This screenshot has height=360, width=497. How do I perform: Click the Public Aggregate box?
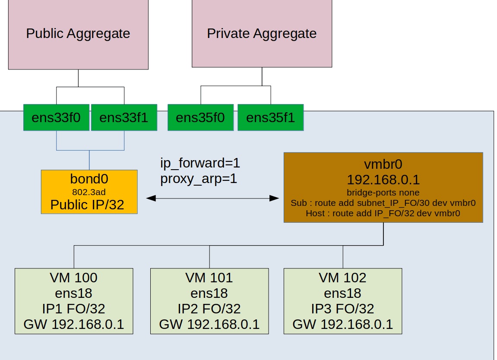78,34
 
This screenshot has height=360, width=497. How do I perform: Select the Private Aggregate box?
262,33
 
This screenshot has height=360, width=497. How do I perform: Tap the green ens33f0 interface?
56,117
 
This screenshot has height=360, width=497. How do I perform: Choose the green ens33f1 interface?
124,117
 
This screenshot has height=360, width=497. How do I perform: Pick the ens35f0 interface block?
200,117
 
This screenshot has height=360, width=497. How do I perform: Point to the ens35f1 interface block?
271,117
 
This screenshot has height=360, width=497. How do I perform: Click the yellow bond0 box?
89,192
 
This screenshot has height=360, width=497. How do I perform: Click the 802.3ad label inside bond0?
89,192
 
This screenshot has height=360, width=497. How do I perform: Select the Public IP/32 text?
87,205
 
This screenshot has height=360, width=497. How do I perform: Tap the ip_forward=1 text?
200,163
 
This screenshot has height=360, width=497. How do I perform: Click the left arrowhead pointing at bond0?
151,199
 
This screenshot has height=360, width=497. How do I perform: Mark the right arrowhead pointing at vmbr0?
274,199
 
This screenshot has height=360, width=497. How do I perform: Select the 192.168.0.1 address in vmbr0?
383,180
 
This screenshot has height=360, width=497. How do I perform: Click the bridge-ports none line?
383,193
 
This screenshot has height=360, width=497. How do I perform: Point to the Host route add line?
383,213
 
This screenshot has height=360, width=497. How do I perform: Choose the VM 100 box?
74,301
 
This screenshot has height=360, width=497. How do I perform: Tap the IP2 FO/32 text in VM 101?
209,309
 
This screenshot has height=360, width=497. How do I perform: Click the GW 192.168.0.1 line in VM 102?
343,324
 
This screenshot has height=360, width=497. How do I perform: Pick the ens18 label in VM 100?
73,293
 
